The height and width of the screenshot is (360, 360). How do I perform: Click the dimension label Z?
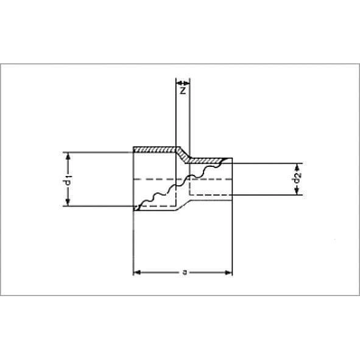click(183, 91)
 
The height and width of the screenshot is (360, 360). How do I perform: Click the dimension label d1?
click(68, 180)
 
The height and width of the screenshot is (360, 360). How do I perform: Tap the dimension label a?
click(185, 272)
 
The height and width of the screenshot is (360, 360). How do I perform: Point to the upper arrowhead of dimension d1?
click(68, 156)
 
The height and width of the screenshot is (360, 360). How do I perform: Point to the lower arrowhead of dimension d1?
click(68, 202)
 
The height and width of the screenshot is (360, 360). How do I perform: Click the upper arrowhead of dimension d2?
click(297, 167)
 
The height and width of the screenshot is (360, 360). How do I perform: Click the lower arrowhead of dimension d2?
click(297, 191)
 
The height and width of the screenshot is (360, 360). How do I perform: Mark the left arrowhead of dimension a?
click(137, 272)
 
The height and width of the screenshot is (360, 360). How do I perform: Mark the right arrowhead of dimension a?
click(228, 272)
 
